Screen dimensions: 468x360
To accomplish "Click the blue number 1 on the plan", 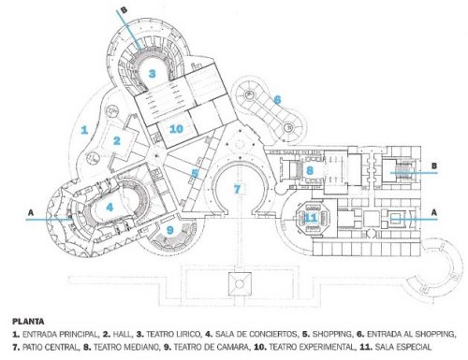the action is coord(84,130).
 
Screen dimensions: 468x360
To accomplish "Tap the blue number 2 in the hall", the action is coord(117,140).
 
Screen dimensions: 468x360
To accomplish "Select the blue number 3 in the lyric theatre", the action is coord(152,74).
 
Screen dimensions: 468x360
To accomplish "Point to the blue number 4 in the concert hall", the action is coord(110,208).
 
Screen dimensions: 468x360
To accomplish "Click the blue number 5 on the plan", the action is coord(195,173).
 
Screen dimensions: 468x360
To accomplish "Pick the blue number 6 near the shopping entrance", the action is coord(277,100).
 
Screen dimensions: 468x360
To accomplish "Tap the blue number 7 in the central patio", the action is coord(237,189).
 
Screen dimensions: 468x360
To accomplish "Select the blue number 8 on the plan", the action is coord(310,170).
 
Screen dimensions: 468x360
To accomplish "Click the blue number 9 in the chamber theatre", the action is coord(170,230).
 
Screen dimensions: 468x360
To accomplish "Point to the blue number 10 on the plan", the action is coord(176,129).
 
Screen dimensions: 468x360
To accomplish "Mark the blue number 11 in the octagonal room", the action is coord(311,218).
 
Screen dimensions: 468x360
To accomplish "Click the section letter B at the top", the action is coord(124,9).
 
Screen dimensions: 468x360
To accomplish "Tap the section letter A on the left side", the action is coord(31,213).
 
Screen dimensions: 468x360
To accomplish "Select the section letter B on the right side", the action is coord(434,166).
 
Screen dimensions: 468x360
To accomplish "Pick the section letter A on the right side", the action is coord(433,212).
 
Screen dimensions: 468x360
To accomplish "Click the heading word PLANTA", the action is coord(28,322).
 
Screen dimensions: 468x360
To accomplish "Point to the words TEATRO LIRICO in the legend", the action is coord(173,335).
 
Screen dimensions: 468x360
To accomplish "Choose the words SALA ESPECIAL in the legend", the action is coord(402,347).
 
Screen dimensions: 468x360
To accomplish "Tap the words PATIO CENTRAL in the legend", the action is coord(50,347).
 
